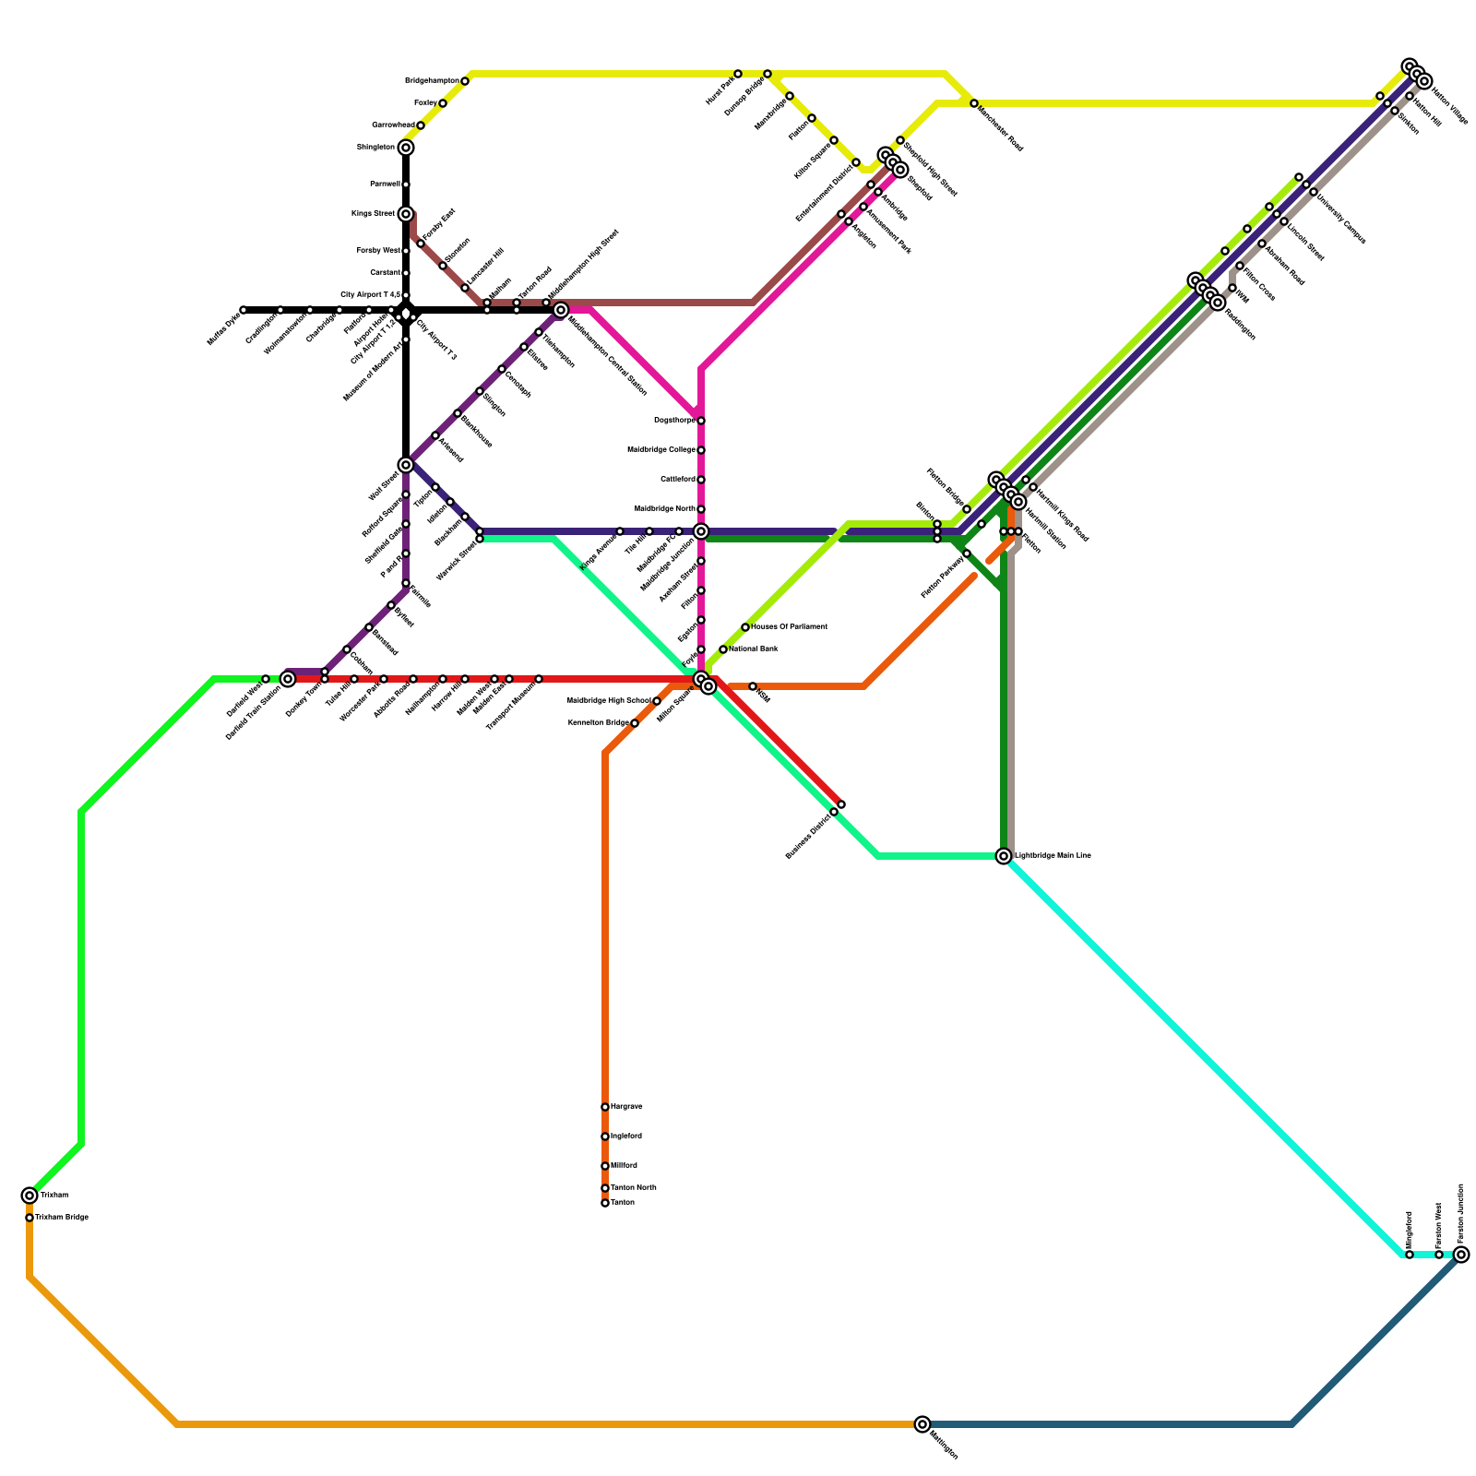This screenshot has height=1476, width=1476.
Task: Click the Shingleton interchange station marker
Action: point(406,148)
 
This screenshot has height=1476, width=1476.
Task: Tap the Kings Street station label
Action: point(373,214)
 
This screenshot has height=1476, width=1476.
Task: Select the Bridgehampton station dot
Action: point(465,81)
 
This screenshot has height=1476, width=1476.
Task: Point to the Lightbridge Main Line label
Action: point(1053,856)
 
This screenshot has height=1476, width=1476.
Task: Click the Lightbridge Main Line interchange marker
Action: point(1004,856)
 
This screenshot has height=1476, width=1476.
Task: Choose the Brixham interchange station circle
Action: point(30,1196)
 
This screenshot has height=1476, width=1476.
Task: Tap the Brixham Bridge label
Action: point(62,1218)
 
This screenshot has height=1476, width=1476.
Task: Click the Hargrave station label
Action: point(626,1107)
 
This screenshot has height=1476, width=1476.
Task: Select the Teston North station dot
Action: point(605,1188)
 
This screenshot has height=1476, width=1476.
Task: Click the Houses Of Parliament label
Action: point(789,627)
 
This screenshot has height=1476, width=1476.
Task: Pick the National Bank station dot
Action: point(723,649)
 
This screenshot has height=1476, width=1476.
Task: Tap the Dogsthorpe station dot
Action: point(701,421)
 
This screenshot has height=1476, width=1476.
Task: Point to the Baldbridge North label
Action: point(664,509)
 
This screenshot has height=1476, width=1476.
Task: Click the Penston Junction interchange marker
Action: point(1461,1255)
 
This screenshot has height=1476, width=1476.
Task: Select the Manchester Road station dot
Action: point(974,103)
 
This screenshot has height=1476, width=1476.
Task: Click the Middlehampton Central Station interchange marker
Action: point(561,310)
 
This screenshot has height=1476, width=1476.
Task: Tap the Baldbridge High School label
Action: point(609,701)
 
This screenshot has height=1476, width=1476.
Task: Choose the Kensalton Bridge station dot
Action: point(635,723)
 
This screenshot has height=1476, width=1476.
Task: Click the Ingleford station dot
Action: point(605,1137)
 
